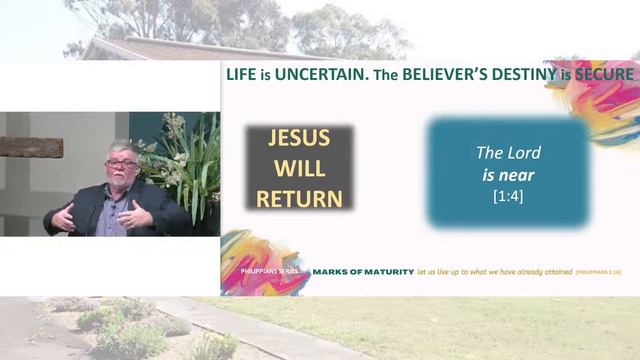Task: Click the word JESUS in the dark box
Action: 300,139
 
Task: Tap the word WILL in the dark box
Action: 300,168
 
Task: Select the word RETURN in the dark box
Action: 300,197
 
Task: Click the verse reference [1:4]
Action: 508,196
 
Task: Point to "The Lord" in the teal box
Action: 508,153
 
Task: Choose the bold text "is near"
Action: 508,175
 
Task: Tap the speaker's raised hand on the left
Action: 64,216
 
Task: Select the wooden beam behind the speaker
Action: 30,147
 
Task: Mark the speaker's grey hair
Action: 122,149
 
